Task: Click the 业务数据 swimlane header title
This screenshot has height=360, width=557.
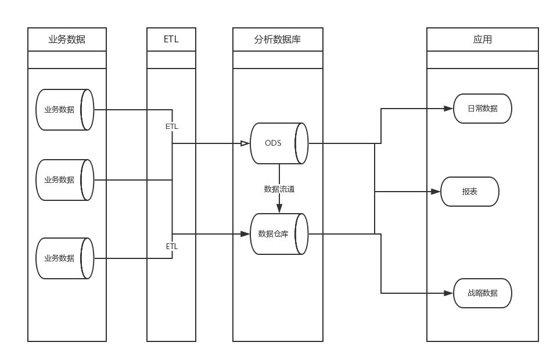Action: pyautogui.click(x=67, y=39)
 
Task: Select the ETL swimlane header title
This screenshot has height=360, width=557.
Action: pyautogui.click(x=171, y=39)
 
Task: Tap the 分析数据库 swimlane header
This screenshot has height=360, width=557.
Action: pyautogui.click(x=278, y=39)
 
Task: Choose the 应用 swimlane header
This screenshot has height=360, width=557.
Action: pyautogui.click(x=482, y=39)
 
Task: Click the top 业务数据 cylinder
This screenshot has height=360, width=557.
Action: pyautogui.click(x=64, y=109)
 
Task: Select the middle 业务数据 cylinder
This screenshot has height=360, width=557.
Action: pyautogui.click(x=64, y=180)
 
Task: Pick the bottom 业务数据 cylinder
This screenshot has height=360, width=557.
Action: pyautogui.click(x=64, y=258)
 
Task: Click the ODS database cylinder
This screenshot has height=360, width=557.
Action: pyautogui.click(x=278, y=143)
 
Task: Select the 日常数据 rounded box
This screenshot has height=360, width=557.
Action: pyautogui.click(x=482, y=109)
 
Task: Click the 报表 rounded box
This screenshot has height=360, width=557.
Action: pyautogui.click(x=469, y=192)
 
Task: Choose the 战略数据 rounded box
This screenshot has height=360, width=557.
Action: pyautogui.click(x=482, y=293)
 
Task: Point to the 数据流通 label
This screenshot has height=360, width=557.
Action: pyautogui.click(x=279, y=189)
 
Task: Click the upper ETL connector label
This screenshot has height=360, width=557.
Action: pyautogui.click(x=172, y=127)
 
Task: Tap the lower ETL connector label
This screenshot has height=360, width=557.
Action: pyautogui.click(x=172, y=246)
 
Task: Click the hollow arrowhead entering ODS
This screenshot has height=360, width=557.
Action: pyautogui.click(x=245, y=143)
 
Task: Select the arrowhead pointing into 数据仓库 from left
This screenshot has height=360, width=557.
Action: pyautogui.click(x=245, y=234)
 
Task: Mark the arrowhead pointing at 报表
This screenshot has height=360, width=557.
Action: pyautogui.click(x=436, y=192)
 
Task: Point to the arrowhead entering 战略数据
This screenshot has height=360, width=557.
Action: pyautogui.click(x=448, y=293)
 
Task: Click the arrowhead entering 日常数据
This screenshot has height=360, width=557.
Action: pyautogui.click(x=448, y=109)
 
